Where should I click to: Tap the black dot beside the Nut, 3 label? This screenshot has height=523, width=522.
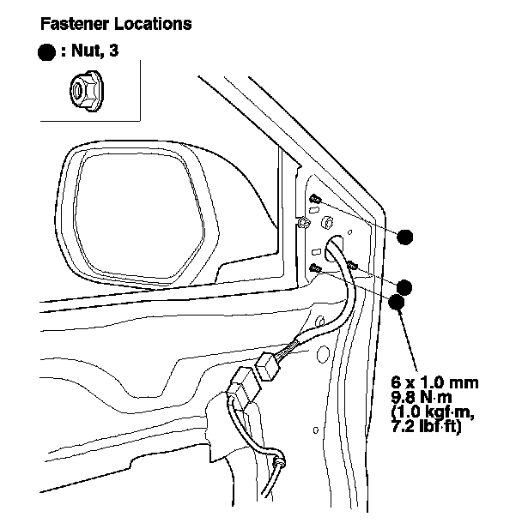click(x=48, y=52)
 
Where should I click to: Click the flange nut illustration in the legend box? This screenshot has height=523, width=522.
click(x=83, y=89)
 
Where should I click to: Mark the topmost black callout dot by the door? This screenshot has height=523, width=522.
click(x=405, y=237)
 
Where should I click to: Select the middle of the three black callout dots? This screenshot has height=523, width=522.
click(x=404, y=287)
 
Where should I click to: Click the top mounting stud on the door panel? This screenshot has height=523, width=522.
click(x=315, y=199)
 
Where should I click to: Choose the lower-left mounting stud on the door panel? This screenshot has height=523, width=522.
click(x=315, y=268)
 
